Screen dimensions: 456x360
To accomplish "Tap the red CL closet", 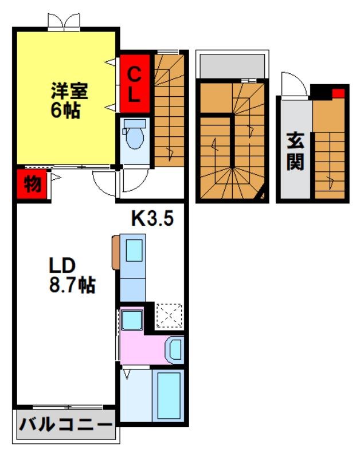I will coord(134,84).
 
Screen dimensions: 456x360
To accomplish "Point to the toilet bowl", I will coord(135,136).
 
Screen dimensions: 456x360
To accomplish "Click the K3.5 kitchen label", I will coord(152,218).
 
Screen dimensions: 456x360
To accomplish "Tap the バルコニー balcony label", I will coord(64,425).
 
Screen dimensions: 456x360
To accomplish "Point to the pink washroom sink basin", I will coord(175,348).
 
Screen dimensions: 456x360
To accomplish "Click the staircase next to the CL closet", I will coord(170,109).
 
